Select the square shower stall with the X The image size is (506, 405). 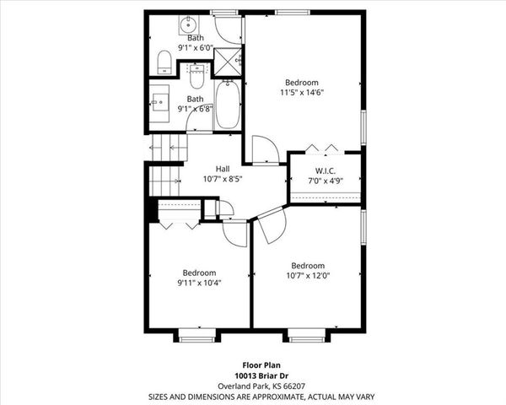[227, 62]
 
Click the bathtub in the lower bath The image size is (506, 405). [227, 104]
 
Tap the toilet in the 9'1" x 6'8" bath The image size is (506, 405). [196, 78]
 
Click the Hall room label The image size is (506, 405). [223, 168]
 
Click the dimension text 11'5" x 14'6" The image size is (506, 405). [302, 93]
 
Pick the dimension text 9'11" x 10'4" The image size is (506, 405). [199, 284]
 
